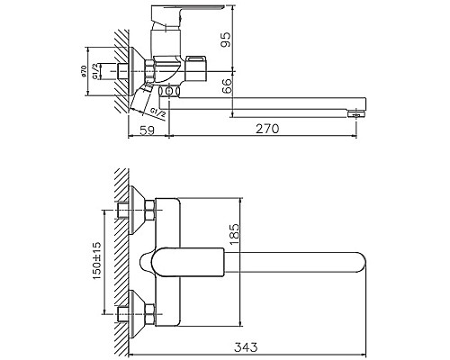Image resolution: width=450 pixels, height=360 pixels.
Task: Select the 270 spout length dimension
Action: click(268, 129)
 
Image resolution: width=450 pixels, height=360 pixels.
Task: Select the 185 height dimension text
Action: click(235, 236)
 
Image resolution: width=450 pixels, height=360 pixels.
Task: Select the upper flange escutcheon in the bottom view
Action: click(138, 210)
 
